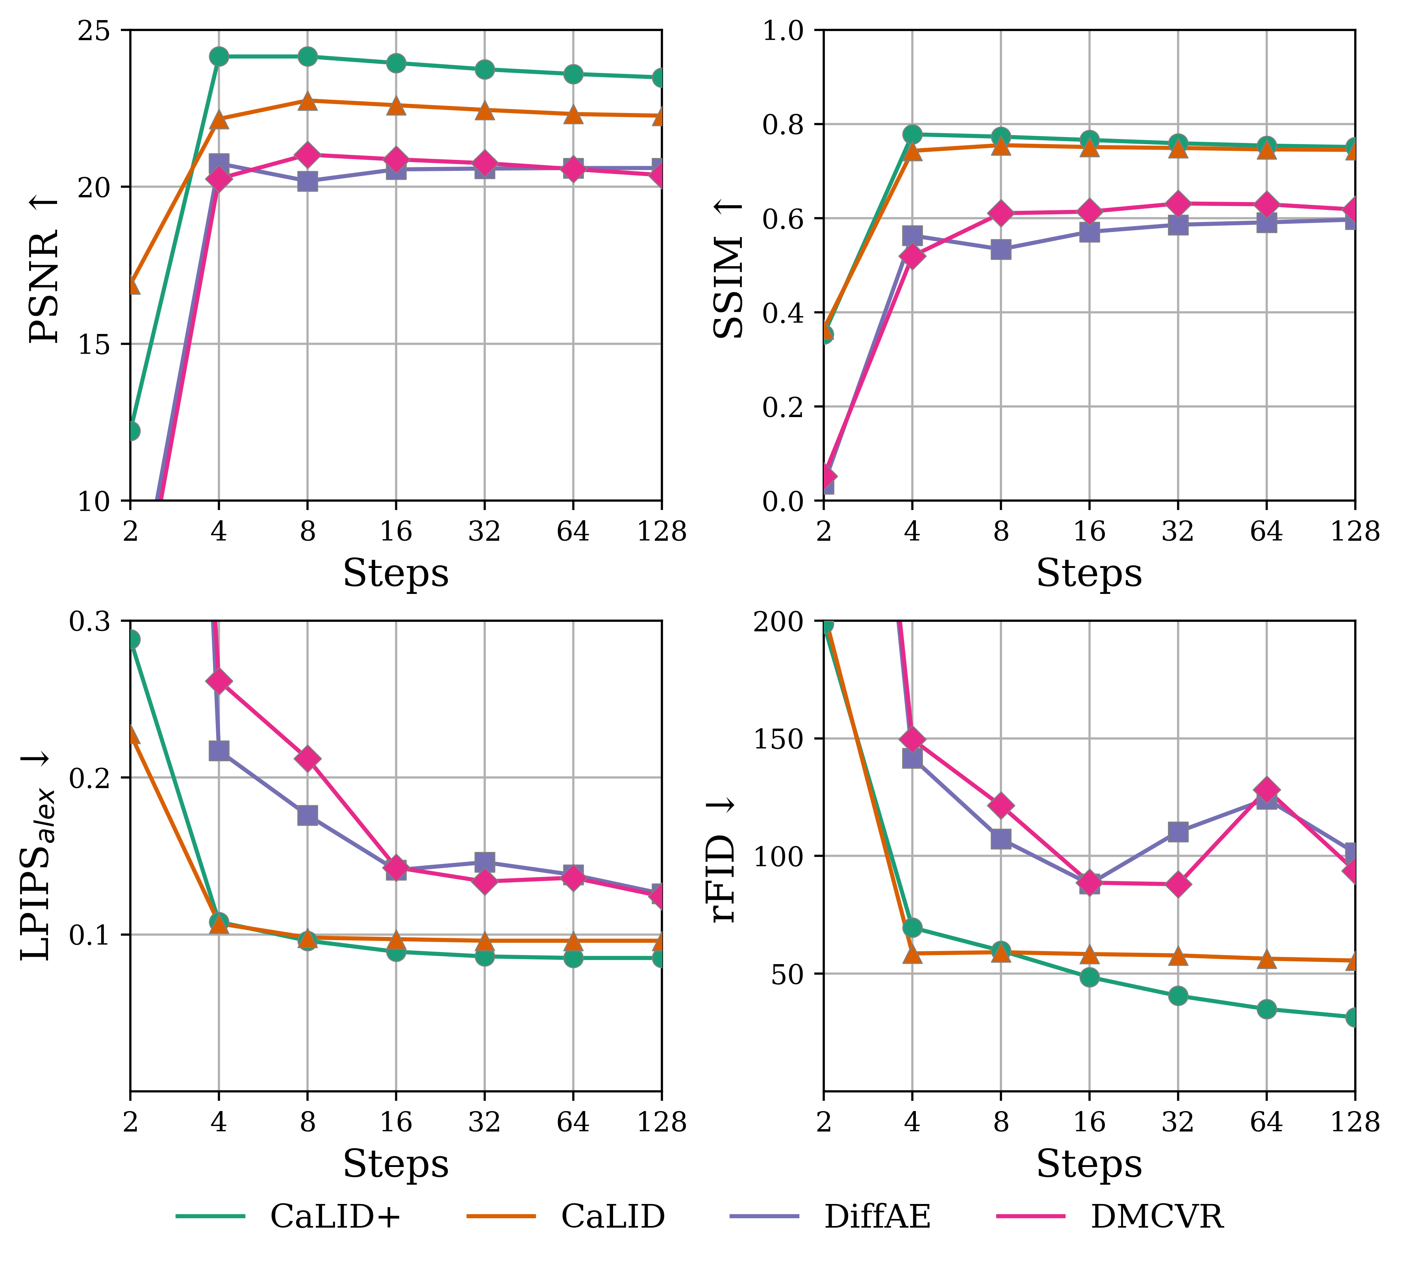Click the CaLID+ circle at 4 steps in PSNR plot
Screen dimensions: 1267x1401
click(x=219, y=56)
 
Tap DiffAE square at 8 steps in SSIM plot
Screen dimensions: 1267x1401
click(x=1001, y=249)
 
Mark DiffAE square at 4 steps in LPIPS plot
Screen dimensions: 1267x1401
click(x=219, y=751)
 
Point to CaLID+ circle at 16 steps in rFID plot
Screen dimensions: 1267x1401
click(x=1089, y=977)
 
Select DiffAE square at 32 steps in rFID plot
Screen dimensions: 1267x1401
click(x=1177, y=831)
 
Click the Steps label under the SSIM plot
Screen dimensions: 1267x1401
click(x=1089, y=574)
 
